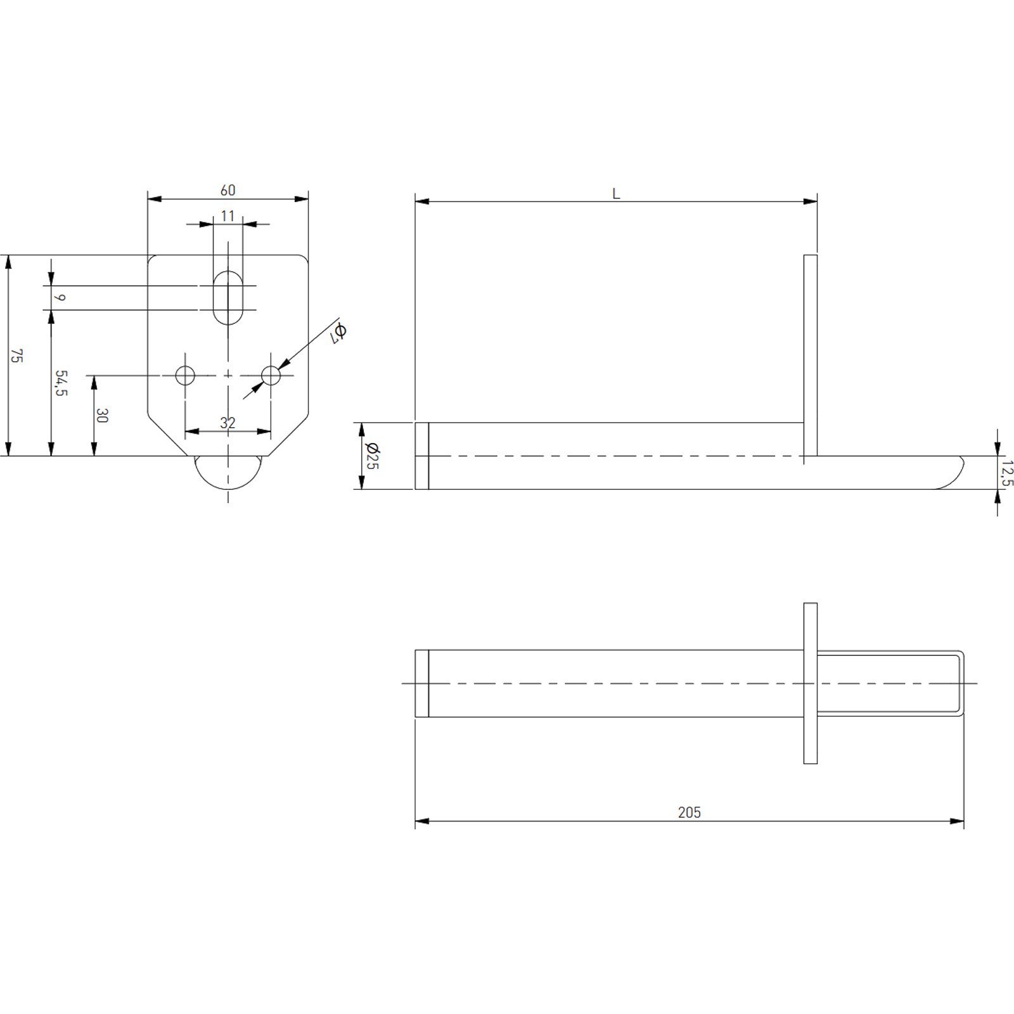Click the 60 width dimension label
(228, 190)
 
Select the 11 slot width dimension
(228, 216)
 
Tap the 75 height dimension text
(17, 356)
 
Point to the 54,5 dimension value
(61, 383)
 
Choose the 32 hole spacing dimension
(228, 423)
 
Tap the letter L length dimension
(616, 194)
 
